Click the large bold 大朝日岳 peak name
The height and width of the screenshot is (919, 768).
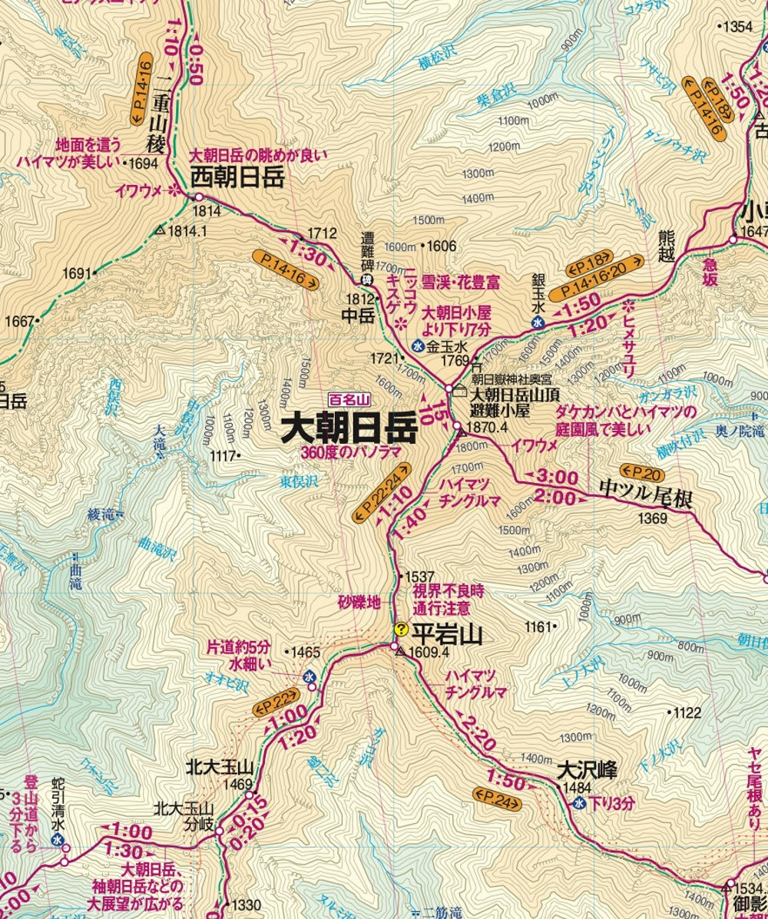tap(349, 428)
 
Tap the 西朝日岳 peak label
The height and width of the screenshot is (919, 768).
tap(237, 179)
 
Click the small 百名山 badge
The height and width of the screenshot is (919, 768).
tap(349, 399)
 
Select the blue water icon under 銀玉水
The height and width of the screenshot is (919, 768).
tap(538, 322)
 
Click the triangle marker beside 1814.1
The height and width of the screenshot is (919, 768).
tap(160, 229)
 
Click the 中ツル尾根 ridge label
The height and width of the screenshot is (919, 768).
tap(647, 499)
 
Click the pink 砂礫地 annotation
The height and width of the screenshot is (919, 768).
tap(359, 603)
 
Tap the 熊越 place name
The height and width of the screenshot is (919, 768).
tap(665, 246)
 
